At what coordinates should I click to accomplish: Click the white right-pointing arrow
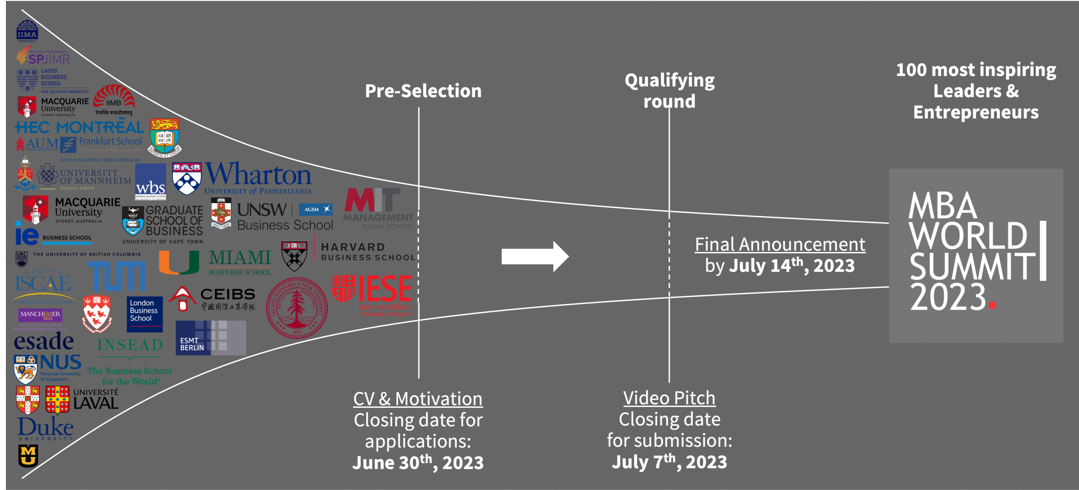pyautogui.click(x=535, y=256)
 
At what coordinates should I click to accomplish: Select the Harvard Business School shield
pyautogui.click(x=294, y=256)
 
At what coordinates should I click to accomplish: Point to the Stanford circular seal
pyautogui.click(x=297, y=308)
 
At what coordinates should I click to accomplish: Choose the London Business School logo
pyautogui.click(x=144, y=314)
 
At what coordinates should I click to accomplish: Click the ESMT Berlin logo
pyautogui.click(x=210, y=338)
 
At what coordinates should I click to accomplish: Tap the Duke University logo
pyautogui.click(x=46, y=428)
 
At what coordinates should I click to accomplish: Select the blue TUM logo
pyautogui.click(x=117, y=276)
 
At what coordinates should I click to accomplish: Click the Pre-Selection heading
pyautogui.click(x=423, y=91)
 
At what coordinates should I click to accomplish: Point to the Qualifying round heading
pyautogui.click(x=669, y=91)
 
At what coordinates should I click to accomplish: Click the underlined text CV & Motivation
pyautogui.click(x=418, y=399)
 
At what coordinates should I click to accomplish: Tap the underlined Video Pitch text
pyautogui.click(x=669, y=398)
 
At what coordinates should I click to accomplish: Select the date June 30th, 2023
pyautogui.click(x=418, y=462)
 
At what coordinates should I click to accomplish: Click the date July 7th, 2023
pyautogui.click(x=669, y=462)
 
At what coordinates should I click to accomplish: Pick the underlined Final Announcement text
pyautogui.click(x=780, y=244)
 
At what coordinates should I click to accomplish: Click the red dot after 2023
pyautogui.click(x=992, y=305)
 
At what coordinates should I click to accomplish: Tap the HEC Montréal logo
pyautogui.click(x=79, y=127)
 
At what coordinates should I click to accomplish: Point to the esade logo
pyautogui.click(x=44, y=342)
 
